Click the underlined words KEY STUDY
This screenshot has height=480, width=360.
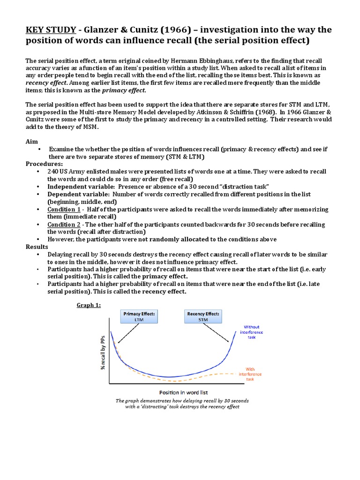51,30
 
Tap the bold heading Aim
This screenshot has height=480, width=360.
31,141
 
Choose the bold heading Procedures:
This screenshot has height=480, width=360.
44,164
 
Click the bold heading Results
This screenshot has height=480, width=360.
37,247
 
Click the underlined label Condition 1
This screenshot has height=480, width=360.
64,209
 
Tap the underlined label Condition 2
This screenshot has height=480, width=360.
64,224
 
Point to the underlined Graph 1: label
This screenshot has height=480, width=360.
89,306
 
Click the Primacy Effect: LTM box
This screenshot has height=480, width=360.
139,316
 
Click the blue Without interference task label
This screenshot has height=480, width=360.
251,332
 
